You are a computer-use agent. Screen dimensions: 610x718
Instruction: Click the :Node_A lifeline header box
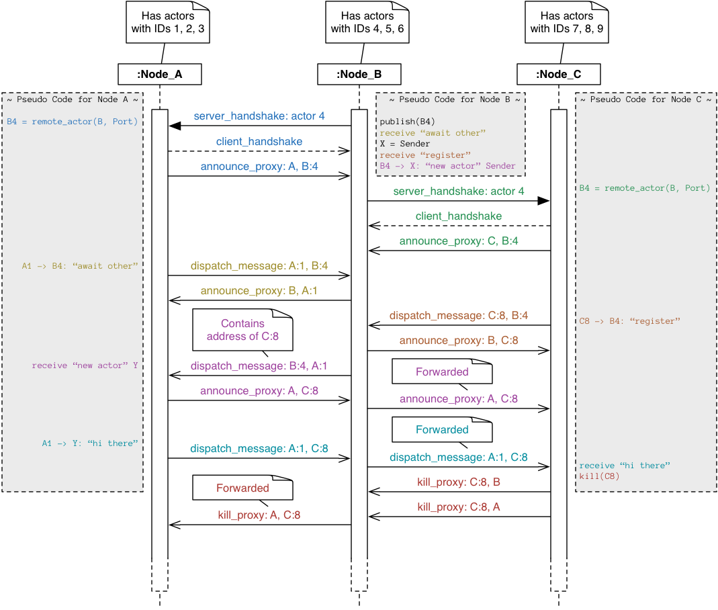point(160,74)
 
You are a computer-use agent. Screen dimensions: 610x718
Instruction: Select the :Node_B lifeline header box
point(359,74)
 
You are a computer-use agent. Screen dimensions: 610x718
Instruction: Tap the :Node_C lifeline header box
point(559,74)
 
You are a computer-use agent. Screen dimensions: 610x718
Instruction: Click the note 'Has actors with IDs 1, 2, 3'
point(168,22)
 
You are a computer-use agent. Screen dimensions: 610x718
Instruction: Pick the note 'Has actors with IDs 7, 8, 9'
point(567,22)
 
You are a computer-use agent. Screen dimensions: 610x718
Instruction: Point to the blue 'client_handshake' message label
point(259,142)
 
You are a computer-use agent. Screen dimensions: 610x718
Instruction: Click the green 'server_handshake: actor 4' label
point(459,191)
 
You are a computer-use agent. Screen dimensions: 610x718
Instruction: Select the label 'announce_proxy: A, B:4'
point(259,167)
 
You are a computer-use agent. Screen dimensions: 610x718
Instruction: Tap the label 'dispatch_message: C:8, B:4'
point(459,315)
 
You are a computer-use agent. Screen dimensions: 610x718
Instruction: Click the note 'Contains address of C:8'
point(242,330)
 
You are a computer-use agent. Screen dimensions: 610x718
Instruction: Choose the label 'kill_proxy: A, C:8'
point(259,515)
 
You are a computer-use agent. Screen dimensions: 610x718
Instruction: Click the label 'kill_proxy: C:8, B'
point(459,482)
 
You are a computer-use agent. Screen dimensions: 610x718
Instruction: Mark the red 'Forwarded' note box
point(242,488)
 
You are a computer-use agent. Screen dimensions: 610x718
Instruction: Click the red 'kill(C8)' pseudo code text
point(599,476)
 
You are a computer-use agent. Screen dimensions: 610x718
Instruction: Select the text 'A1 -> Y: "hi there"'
point(90,443)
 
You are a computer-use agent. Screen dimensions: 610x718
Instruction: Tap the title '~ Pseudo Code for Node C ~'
point(645,99)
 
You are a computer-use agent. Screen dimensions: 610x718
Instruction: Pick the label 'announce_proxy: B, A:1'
point(259,291)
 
